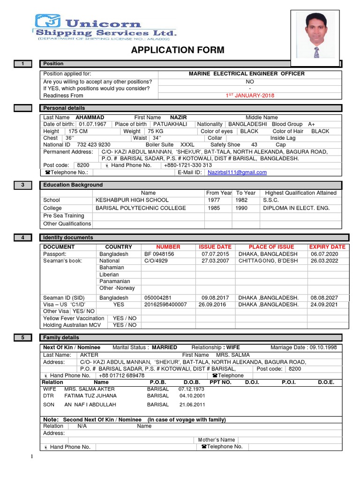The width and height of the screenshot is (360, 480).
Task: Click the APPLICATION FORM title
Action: coord(178,50)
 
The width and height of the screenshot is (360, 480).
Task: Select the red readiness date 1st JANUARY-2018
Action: coord(250,96)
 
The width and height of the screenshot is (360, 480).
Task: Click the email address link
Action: coord(237,172)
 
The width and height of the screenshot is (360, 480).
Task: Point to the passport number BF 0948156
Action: coord(159,254)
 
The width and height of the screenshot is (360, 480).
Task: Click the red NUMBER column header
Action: coord(168,247)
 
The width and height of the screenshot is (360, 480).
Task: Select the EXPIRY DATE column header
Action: coord(327,247)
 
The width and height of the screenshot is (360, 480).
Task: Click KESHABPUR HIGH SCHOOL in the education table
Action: coord(132,200)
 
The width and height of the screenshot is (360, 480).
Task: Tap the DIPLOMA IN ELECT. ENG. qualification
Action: coord(296,208)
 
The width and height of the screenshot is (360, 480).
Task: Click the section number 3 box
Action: coord(22,185)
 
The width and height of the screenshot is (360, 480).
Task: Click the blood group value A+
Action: coord(311,124)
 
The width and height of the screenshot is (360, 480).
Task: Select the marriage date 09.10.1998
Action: coord(323,347)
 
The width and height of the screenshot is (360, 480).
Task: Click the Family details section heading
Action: coord(61,337)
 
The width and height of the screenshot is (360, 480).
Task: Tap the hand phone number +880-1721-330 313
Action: coord(187,165)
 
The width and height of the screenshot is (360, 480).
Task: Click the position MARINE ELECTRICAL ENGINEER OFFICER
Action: coord(246,74)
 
